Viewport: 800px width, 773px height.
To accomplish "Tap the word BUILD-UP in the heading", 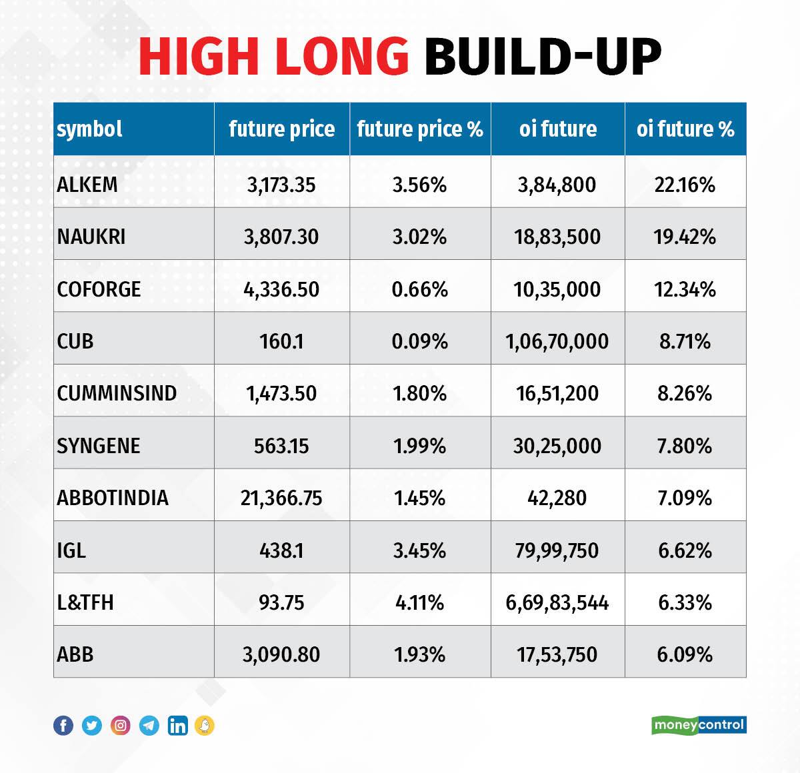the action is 543,57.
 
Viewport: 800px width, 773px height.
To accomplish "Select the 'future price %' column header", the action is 420,129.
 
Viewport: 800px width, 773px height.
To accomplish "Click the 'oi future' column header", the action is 557,129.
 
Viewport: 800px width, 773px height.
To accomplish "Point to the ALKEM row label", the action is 87,185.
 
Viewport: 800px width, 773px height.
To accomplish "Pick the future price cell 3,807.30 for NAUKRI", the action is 281,237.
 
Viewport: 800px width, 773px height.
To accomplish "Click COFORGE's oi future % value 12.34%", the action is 685,289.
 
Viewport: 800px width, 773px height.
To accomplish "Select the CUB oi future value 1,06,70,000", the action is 557,341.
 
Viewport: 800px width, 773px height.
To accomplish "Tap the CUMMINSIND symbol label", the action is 117,393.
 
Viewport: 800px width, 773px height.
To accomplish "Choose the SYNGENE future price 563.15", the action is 281,446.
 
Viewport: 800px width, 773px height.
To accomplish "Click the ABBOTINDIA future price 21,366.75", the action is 281,498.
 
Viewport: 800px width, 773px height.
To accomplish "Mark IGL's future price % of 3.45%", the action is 420,550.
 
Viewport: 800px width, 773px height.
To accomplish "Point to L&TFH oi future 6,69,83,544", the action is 557,603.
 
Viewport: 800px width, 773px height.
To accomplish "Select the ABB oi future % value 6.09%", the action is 685,654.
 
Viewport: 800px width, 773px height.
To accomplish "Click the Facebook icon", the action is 63,725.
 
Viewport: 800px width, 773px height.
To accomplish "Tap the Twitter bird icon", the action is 92,725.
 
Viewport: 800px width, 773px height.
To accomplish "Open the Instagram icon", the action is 121,725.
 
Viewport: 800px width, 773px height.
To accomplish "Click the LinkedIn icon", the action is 177,725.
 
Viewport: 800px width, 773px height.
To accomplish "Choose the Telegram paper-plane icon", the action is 149,725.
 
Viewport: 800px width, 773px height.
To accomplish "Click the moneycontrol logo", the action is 699,725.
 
